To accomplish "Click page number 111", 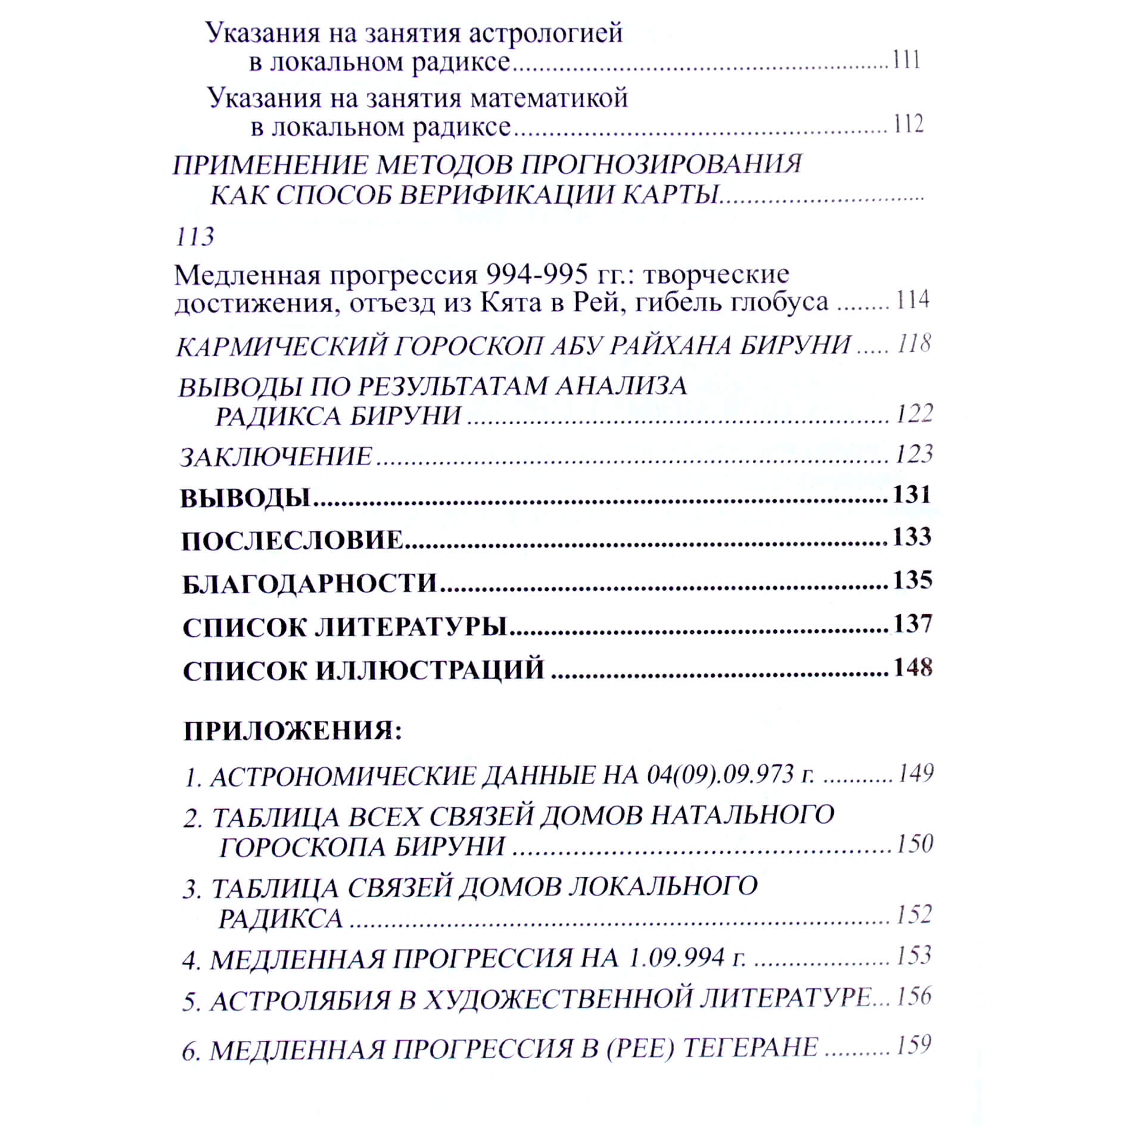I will point(906,60).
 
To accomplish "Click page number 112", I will point(908,124).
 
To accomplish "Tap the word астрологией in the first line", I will point(545,33).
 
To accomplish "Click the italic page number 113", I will point(195,237).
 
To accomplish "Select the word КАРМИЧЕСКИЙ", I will point(282,346).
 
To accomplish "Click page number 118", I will point(914,344).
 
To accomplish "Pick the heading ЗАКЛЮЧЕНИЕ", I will point(276,457).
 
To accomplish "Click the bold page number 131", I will point(912,494).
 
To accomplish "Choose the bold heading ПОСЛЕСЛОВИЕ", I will point(292,540).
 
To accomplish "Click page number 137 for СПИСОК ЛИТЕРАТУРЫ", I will point(913,624).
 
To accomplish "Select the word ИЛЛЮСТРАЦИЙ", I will point(430,670).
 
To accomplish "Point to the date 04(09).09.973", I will point(721,774).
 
